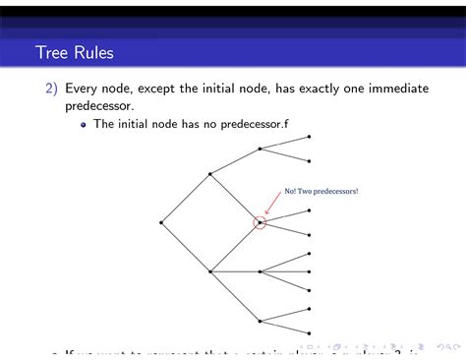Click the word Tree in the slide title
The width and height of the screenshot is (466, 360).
click(x=52, y=51)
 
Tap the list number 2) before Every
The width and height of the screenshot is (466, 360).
click(x=51, y=89)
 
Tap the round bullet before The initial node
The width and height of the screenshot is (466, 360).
click(x=85, y=125)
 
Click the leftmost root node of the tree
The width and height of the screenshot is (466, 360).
click(x=161, y=222)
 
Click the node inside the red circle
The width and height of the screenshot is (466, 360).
click(x=260, y=222)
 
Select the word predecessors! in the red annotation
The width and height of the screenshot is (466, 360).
click(x=335, y=191)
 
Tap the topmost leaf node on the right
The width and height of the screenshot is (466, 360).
click(x=310, y=137)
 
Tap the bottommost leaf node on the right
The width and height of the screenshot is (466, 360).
click(x=310, y=332)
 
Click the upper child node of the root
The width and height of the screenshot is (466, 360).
click(x=210, y=174)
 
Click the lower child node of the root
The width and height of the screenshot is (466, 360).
click(x=210, y=271)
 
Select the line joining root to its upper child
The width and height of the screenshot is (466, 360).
click(x=186, y=198)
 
